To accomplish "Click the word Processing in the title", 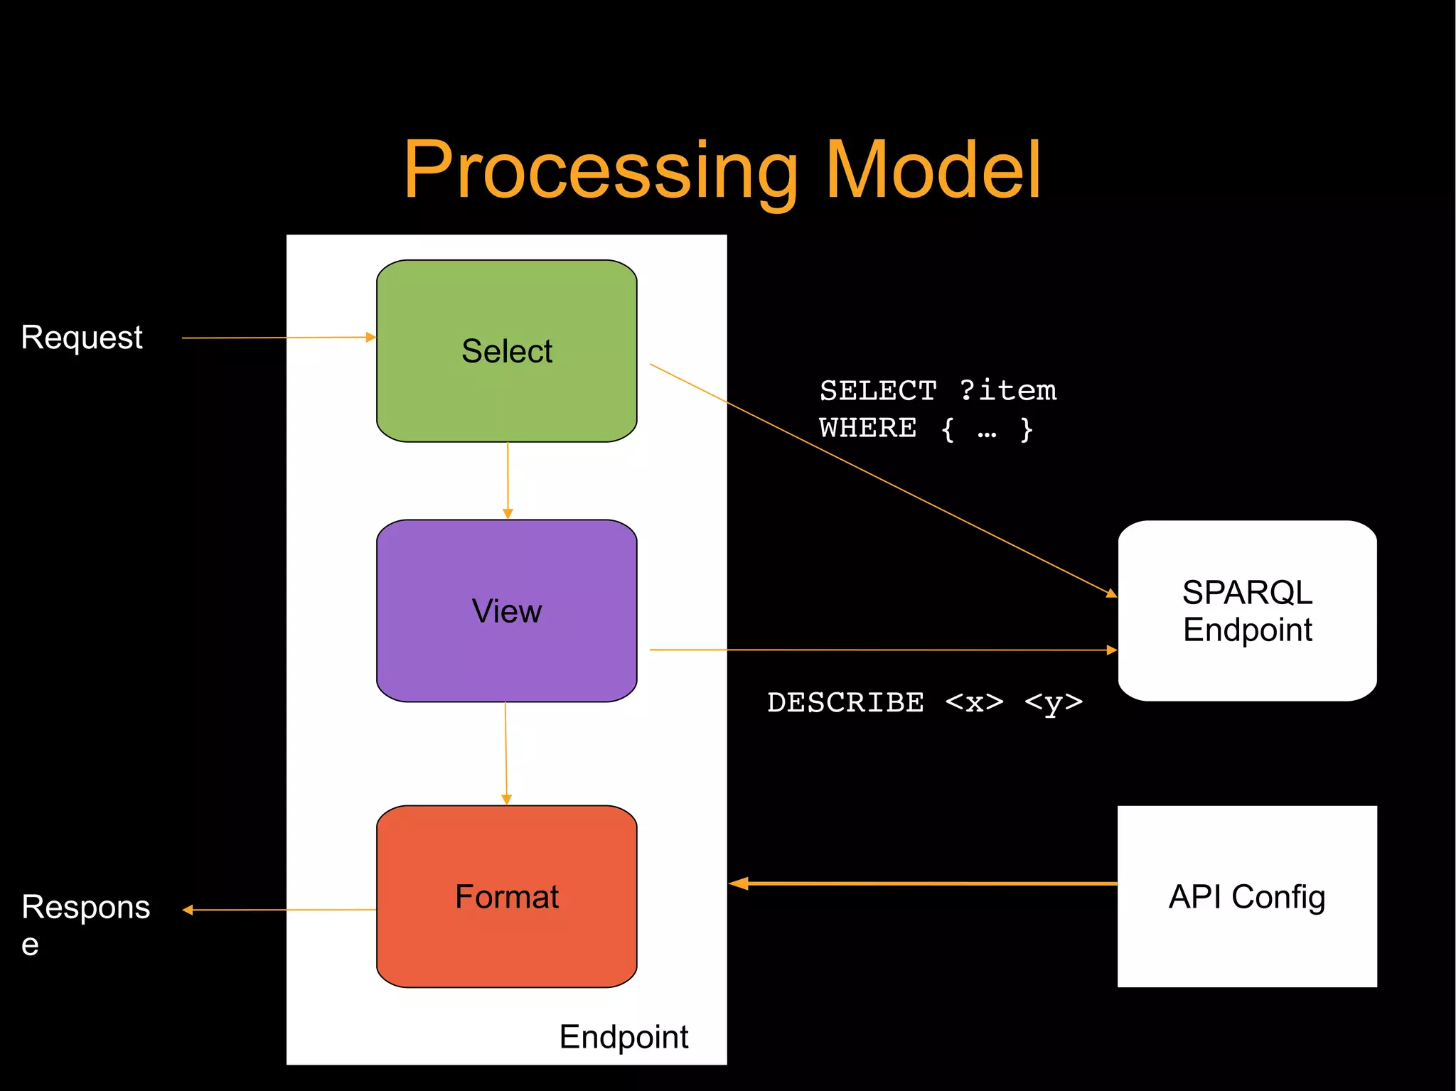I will (601, 171).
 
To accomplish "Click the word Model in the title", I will (933, 171).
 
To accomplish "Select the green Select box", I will (506, 351).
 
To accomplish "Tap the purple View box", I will (506, 611).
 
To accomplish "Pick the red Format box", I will (506, 896).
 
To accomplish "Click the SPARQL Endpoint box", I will (1247, 611).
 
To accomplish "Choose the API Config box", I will (1247, 896).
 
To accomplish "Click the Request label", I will (82, 338).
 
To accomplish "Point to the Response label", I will (85, 908).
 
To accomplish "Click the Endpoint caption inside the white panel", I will (623, 1037).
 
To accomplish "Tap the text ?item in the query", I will (1008, 391).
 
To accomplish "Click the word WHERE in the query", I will (868, 429).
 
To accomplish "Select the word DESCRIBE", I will (845, 703).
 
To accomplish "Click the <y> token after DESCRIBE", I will (1054, 703).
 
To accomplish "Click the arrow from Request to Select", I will (277, 338).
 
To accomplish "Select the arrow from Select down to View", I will (508, 480).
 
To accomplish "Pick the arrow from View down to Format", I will (506, 753).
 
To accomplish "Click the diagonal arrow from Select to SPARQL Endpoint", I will (882, 479).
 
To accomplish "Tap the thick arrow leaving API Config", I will (924, 883).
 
